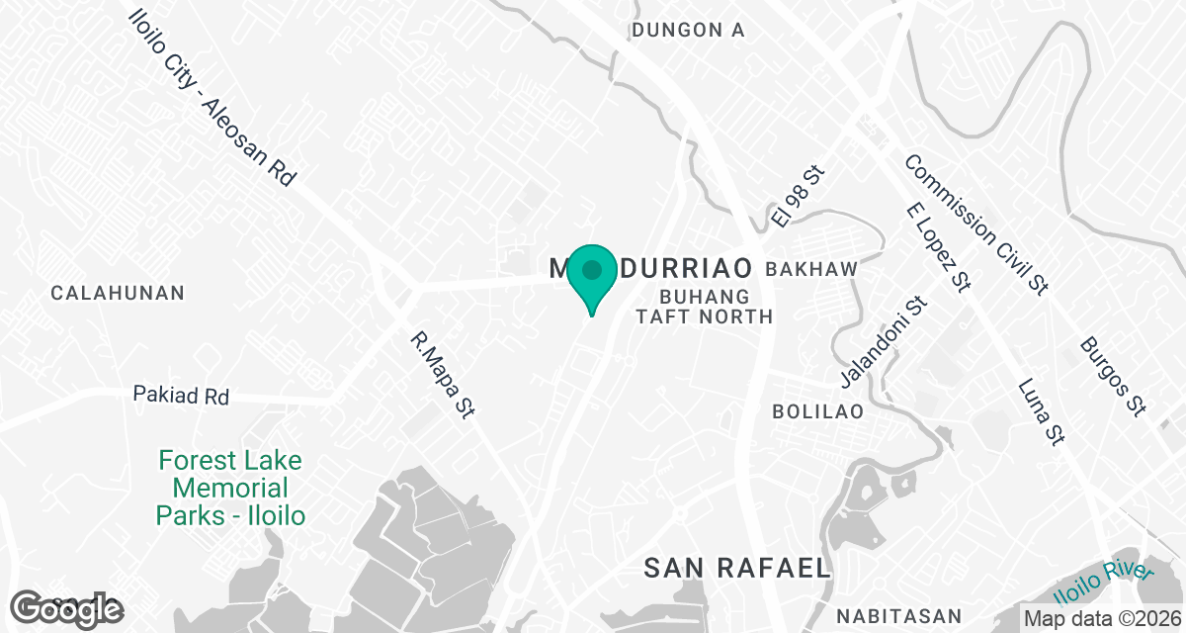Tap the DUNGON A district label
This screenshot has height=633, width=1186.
point(688,30)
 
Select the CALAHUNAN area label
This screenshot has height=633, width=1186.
point(118,293)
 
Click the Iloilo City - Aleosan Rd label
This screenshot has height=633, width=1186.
point(212,99)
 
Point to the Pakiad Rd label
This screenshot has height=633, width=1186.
point(181,396)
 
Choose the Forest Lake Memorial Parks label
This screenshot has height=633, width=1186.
point(230,488)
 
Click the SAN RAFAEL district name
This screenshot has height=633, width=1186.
point(736,568)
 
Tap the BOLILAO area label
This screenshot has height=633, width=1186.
point(818,410)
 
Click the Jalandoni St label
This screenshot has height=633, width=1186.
point(882,343)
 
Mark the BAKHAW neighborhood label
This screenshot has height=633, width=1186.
point(810,269)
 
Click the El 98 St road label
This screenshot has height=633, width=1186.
point(798,197)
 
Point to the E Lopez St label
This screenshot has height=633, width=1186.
point(940,247)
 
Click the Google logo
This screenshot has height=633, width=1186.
point(66,607)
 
